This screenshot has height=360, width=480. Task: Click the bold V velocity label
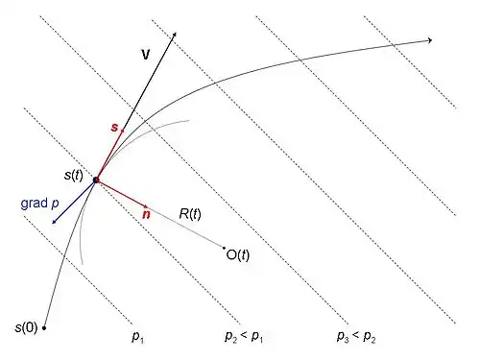146,55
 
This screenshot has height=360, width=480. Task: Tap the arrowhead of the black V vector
175,35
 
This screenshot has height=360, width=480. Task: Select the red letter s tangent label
114,128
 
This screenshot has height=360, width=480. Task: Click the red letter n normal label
146,214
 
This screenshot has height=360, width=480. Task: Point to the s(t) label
74,175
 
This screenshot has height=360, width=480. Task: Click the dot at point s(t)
96,180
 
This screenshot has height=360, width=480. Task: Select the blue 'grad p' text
39,204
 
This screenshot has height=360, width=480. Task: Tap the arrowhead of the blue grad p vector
55,222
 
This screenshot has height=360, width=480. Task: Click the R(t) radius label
190,214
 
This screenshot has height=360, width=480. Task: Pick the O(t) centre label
238,255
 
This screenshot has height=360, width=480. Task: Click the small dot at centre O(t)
224,248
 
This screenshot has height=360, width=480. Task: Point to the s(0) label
26,327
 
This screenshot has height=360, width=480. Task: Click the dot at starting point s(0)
44,328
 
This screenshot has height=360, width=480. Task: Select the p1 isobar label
138,337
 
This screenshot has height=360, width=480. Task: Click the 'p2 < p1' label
244,337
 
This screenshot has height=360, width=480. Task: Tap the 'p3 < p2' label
356,337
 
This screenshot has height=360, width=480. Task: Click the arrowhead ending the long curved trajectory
430,40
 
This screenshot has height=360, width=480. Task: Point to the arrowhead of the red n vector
147,206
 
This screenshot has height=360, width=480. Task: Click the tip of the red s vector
122,131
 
